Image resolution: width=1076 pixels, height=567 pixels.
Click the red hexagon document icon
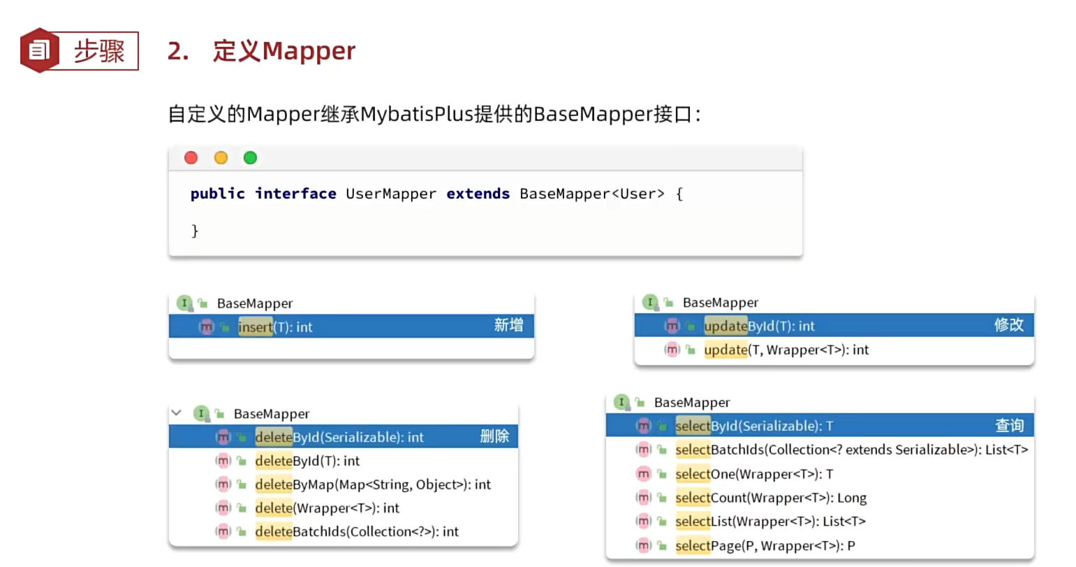[39, 50]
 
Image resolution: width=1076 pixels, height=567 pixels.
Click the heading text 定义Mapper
[283, 51]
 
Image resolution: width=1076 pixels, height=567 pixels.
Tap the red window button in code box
[191, 158]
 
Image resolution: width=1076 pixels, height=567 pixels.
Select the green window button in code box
[250, 158]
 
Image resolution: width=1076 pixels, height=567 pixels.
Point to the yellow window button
[221, 158]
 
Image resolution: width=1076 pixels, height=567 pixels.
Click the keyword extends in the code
[478, 194]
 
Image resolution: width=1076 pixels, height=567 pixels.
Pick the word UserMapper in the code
[391, 194]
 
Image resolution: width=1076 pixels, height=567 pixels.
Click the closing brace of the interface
[195, 230]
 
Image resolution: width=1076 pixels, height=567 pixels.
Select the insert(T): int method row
[275, 326]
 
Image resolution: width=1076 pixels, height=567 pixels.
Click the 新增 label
[508, 325]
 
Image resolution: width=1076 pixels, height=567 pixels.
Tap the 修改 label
[1008, 324]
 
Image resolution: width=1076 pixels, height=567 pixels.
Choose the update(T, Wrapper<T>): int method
[786, 350]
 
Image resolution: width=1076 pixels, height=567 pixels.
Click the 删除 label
[494, 436]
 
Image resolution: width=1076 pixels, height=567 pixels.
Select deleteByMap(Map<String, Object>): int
[373, 485]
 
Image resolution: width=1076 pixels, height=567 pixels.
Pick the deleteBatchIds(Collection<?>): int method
[357, 531]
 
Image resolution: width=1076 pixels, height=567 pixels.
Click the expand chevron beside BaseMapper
[177, 412]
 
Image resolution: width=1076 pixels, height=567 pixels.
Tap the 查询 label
[1009, 425]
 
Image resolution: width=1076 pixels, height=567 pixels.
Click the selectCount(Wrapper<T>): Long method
[771, 498]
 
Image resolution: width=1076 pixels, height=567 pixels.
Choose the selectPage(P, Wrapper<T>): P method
[765, 545]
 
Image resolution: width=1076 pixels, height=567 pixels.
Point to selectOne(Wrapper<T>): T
[754, 474]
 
